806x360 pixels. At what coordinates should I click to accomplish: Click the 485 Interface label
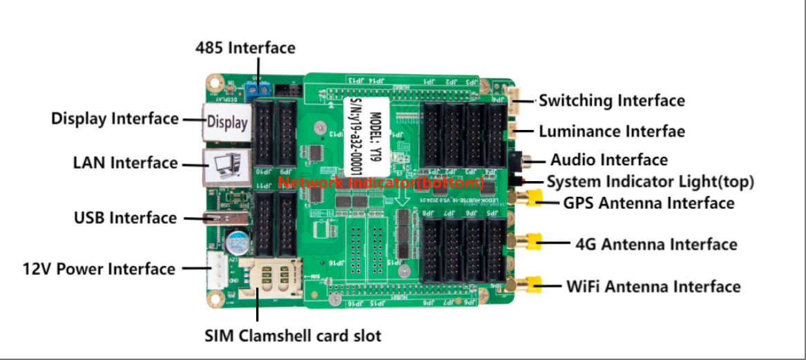245,48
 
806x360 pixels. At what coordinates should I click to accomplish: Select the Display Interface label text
115,119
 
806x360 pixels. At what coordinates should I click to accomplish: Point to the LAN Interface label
125,163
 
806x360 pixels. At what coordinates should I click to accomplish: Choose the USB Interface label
125,218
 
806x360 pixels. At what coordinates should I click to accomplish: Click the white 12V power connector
216,269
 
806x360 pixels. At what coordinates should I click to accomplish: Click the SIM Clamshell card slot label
293,337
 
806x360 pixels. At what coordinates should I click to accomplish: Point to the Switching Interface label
611,101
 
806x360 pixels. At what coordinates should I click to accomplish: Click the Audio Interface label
608,160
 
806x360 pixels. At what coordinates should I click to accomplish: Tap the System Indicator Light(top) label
650,182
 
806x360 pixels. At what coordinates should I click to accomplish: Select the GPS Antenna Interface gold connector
533,201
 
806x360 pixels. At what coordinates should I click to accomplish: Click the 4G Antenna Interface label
655,245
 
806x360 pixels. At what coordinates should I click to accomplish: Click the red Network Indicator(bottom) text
380,183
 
